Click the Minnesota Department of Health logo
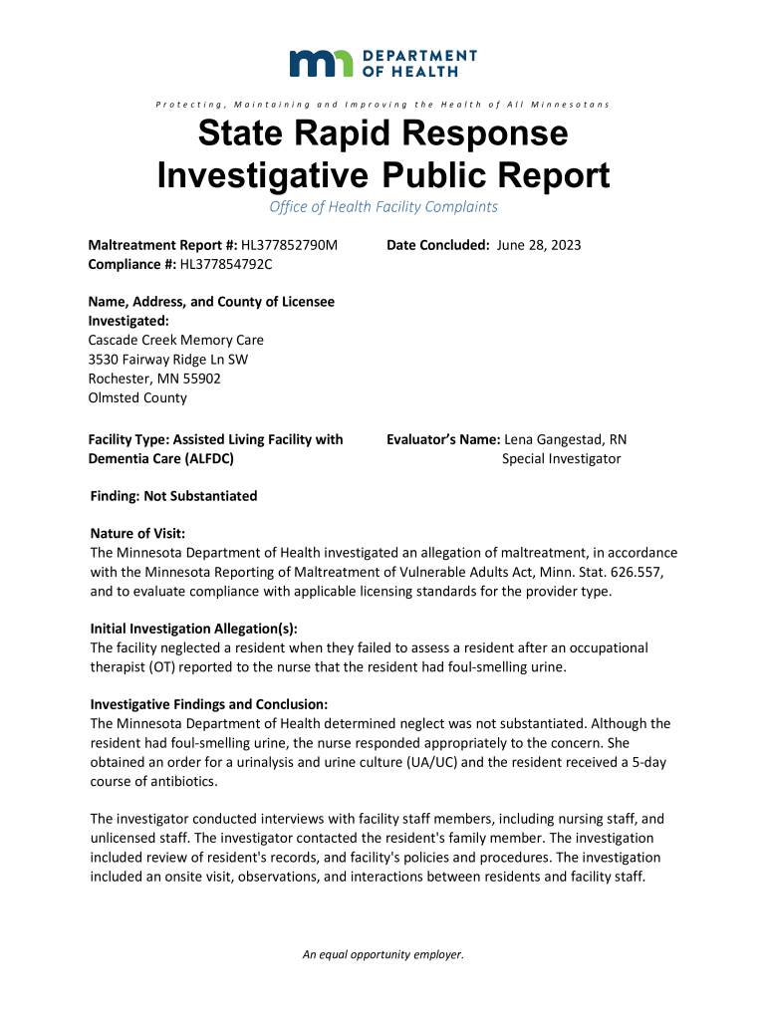(x=383, y=63)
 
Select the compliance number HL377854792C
(x=226, y=264)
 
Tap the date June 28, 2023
(x=538, y=245)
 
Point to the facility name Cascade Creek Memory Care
(x=176, y=340)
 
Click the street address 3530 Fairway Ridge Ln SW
(x=168, y=359)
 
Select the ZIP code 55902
(x=201, y=379)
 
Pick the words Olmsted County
(x=137, y=397)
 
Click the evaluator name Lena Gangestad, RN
(x=566, y=439)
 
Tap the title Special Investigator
(x=561, y=458)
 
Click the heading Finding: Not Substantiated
(x=173, y=496)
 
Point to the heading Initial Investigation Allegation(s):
(x=194, y=629)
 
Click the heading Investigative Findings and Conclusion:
(x=208, y=704)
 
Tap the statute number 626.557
(x=625, y=572)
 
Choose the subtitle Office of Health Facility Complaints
(x=383, y=207)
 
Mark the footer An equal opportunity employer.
(x=383, y=954)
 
